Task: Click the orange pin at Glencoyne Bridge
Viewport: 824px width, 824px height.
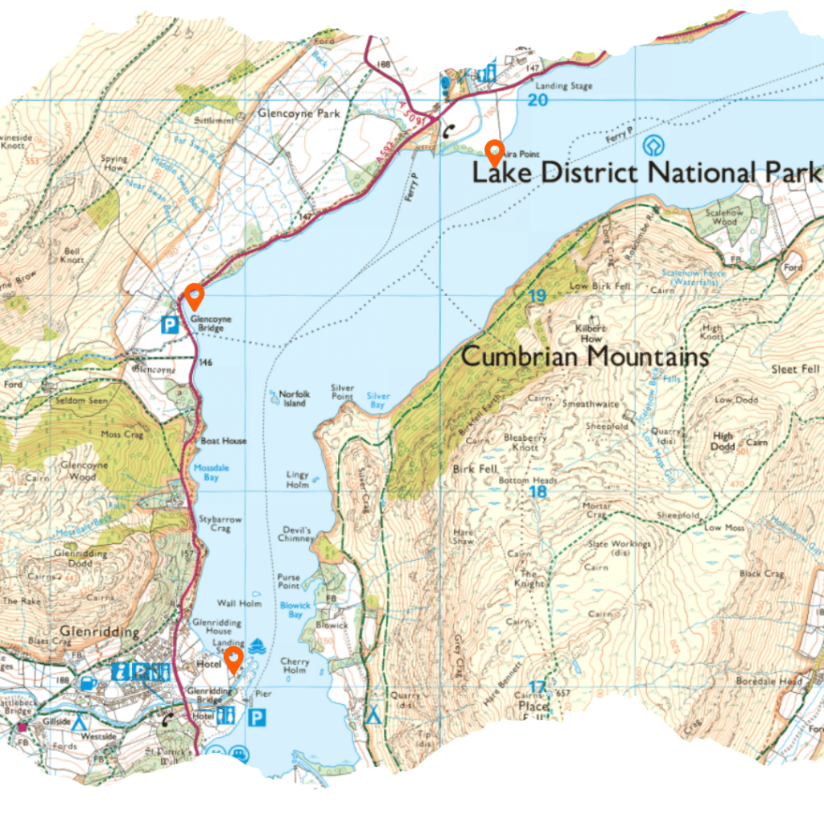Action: coord(194,295)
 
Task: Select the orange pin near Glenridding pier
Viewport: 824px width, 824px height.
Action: coord(233,660)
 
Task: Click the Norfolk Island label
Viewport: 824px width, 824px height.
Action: coord(292,398)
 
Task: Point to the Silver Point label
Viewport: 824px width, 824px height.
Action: coord(343,392)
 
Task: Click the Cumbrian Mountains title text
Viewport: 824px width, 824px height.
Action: coord(585,356)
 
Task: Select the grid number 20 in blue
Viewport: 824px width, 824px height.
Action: coord(537,100)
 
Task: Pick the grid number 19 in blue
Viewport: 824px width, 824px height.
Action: coord(537,296)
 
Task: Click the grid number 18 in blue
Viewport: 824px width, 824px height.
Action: coord(537,492)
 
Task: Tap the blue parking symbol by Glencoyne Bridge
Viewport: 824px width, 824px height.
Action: coord(170,325)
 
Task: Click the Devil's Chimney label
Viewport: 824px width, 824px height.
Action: coord(296,534)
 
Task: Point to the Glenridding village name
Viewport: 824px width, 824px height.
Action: coord(99,632)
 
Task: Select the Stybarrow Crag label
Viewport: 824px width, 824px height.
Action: coord(220,524)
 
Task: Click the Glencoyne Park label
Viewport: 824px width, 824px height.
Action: coord(299,114)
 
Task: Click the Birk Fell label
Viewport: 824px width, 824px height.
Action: coord(476,468)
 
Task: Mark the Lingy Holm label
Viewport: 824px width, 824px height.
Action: coord(298,480)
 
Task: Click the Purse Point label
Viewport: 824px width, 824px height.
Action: coord(289,582)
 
